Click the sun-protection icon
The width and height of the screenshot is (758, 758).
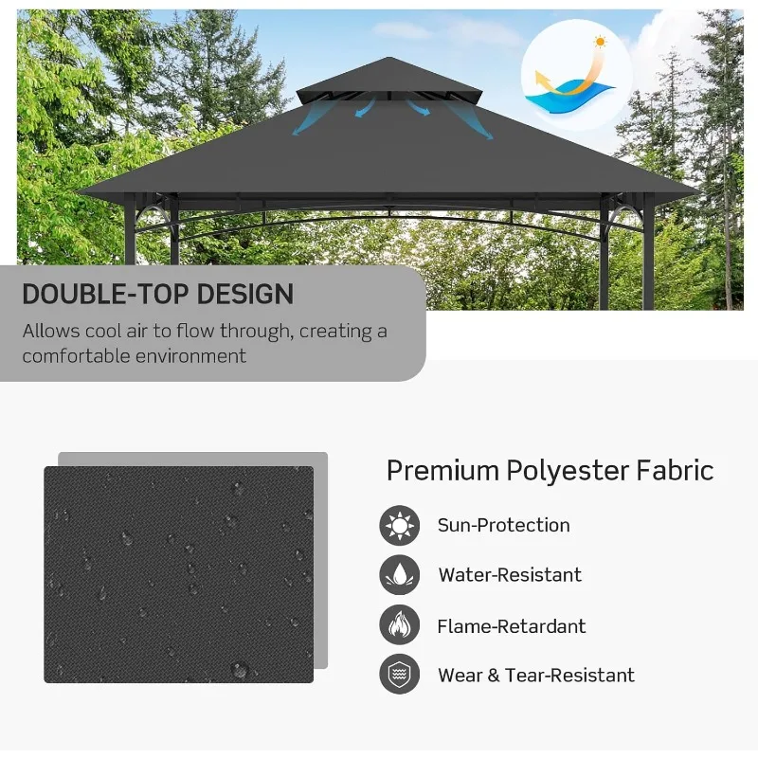pyautogui.click(x=399, y=526)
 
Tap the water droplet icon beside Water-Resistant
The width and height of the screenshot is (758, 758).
pyautogui.click(x=399, y=575)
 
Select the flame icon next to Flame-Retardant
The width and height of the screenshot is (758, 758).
pyautogui.click(x=399, y=624)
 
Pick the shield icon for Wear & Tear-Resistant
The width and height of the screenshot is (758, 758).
pyautogui.click(x=399, y=674)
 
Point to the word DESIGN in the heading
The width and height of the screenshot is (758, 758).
pyautogui.click(x=245, y=294)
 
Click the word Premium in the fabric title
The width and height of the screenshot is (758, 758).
pyautogui.click(x=442, y=470)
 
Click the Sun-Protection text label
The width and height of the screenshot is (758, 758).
pyautogui.click(x=504, y=526)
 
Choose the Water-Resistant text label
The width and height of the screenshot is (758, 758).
pyautogui.click(x=510, y=575)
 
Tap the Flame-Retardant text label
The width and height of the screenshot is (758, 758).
pyautogui.click(x=512, y=626)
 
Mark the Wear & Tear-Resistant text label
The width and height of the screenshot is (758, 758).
pyautogui.click(x=536, y=676)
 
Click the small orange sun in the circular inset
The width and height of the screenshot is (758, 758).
pyautogui.click(x=600, y=42)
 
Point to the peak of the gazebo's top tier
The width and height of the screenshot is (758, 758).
pyautogui.click(x=389, y=58)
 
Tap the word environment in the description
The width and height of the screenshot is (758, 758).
pyautogui.click(x=190, y=356)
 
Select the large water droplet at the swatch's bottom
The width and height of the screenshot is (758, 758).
pyautogui.click(x=240, y=670)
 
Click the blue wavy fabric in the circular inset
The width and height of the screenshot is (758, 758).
pyautogui.click(x=570, y=97)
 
